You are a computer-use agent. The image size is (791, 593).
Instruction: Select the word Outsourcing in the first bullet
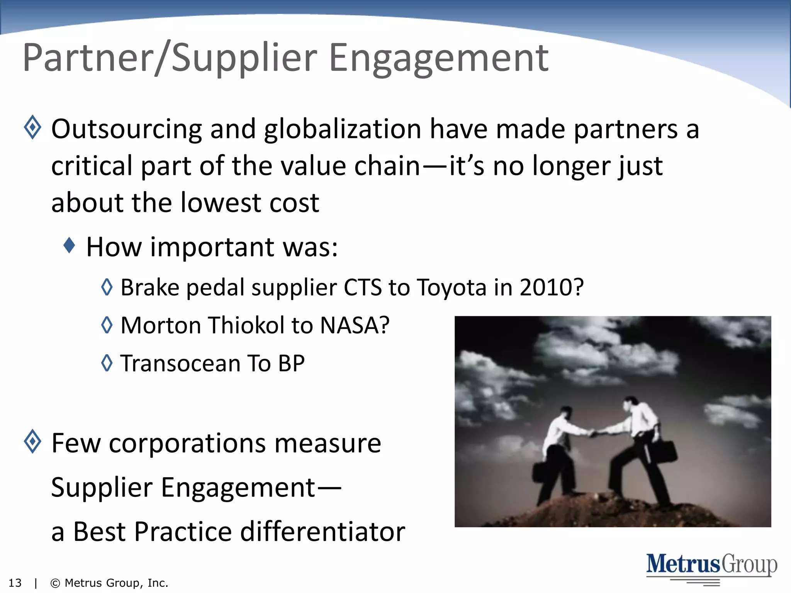[127, 129]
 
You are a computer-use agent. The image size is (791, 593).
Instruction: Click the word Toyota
[452, 288]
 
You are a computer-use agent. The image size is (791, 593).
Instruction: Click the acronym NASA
[355, 325]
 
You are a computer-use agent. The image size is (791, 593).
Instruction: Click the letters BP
[291, 364]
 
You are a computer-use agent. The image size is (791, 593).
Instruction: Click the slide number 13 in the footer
[15, 583]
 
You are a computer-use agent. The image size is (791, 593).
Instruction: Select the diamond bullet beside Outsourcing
[32, 127]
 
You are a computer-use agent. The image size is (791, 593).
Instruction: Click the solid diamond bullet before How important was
[69, 245]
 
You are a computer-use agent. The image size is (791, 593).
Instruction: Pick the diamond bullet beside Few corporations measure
[32, 441]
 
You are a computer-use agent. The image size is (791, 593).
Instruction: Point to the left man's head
[566, 412]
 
